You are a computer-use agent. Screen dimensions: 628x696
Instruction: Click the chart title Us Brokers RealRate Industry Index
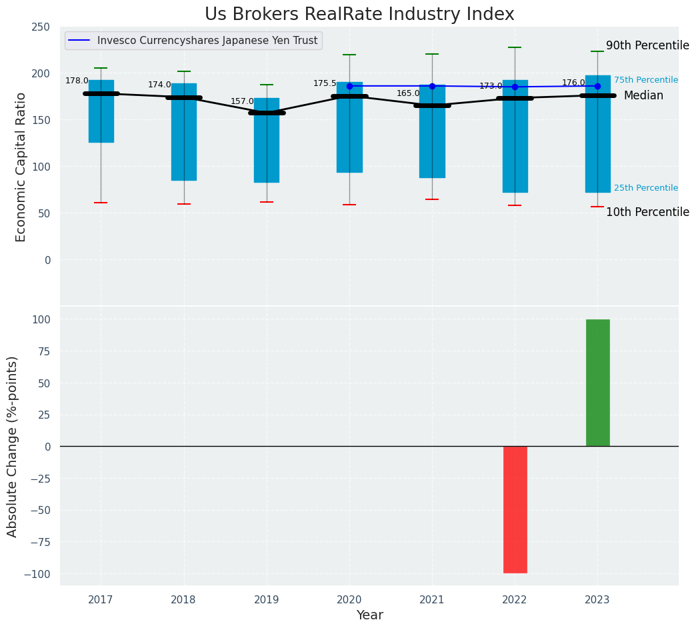pyautogui.click(x=359, y=15)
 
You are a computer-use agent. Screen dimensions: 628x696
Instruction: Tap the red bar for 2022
pyautogui.click(x=515, y=509)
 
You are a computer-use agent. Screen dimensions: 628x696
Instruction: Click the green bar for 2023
pyautogui.click(x=597, y=383)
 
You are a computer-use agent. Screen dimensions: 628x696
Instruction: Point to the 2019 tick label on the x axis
pyautogui.click(x=267, y=600)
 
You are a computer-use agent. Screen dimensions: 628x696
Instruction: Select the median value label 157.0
pyautogui.click(x=243, y=102)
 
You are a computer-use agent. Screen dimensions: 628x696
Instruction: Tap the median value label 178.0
pyautogui.click(x=77, y=81)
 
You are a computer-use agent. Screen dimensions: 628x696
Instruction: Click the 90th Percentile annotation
pyautogui.click(x=647, y=46)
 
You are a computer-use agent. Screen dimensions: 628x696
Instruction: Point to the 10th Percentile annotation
pyautogui.click(x=647, y=213)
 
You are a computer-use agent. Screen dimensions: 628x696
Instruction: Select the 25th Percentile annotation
pyautogui.click(x=645, y=189)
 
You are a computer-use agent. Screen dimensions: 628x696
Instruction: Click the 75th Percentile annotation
pyautogui.click(x=645, y=80)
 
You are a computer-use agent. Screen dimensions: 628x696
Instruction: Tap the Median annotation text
pyautogui.click(x=643, y=96)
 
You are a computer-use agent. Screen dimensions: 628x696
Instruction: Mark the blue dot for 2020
pyautogui.click(x=349, y=86)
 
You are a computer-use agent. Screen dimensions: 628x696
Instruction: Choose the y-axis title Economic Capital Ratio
pyautogui.click(x=21, y=167)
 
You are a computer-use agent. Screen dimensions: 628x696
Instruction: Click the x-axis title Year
pyautogui.click(x=369, y=615)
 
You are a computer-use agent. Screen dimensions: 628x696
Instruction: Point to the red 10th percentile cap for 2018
pyautogui.click(x=184, y=204)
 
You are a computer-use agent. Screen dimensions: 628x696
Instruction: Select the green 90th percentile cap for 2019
pyautogui.click(x=267, y=85)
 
